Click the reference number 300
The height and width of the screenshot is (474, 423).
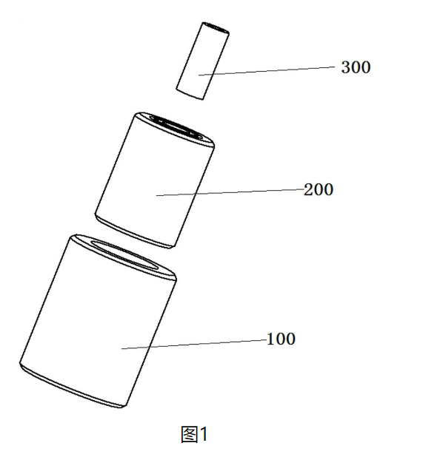tap(356, 67)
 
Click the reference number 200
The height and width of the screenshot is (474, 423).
tap(319, 190)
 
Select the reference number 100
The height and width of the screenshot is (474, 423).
tap(281, 339)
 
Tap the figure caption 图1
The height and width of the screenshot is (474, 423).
tap(194, 434)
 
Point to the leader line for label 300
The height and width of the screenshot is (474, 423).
tap(267, 71)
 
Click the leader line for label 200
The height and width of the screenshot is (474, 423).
tap(230, 192)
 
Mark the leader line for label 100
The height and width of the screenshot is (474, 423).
tap(194, 345)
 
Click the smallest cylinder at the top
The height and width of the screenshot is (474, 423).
tap(202, 61)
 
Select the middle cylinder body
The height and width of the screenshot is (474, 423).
tap(155, 180)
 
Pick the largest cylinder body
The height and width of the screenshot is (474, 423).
tap(98, 321)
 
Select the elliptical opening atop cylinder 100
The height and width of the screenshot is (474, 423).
tap(126, 254)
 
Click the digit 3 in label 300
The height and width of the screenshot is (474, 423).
tap(346, 67)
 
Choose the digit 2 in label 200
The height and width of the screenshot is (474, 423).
tap(308, 190)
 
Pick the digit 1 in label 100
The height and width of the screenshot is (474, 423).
tap(270, 339)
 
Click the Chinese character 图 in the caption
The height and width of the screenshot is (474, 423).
tap(189, 434)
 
